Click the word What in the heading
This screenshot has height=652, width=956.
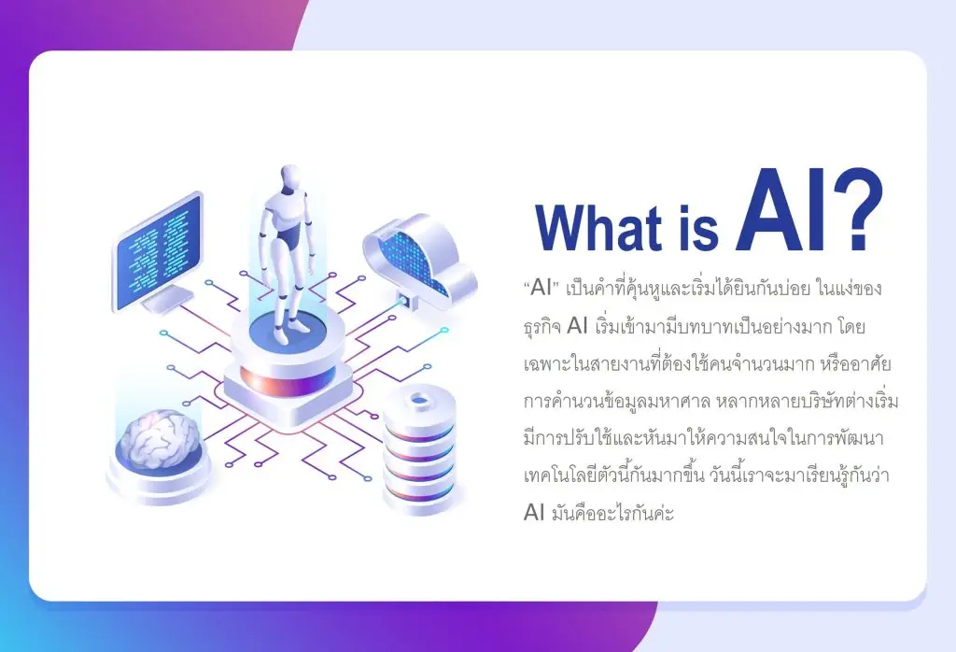click(598, 228)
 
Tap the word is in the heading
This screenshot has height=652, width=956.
click(698, 228)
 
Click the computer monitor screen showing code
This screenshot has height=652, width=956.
click(159, 251)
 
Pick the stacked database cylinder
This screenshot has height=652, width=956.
click(419, 451)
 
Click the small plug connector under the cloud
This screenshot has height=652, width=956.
click(403, 300)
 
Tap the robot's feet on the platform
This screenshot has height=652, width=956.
click(289, 332)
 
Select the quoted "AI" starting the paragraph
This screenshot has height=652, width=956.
click(541, 288)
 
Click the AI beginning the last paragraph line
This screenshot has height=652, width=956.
click(533, 512)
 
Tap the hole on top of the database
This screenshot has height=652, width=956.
click(419, 401)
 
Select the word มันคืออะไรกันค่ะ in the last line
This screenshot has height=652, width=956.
click(612, 512)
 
